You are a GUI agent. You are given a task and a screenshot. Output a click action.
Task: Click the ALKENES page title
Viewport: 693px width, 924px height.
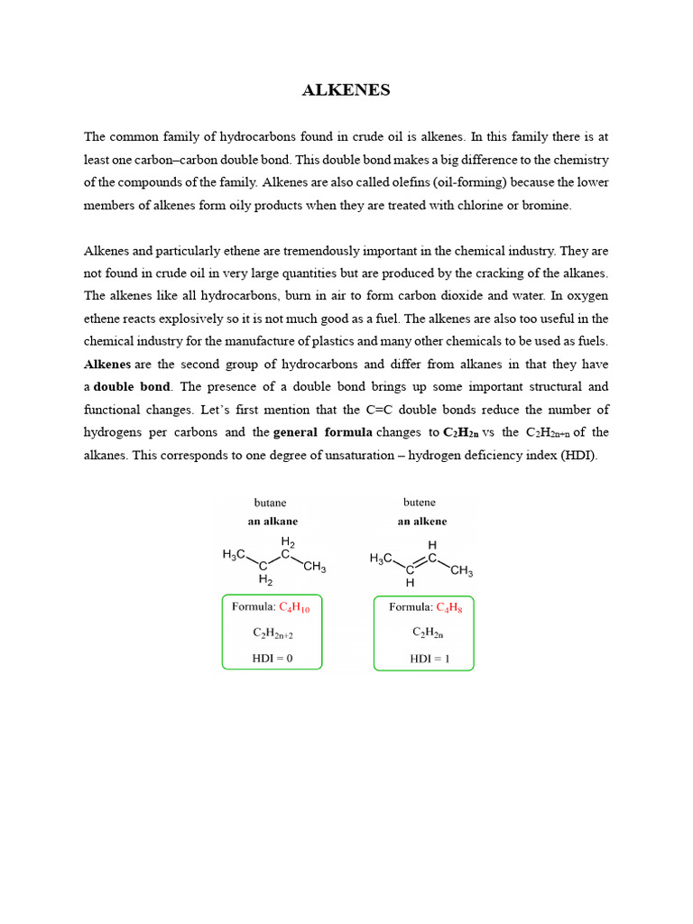point(346,90)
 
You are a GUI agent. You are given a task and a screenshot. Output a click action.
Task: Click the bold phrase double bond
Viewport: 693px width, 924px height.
point(131,387)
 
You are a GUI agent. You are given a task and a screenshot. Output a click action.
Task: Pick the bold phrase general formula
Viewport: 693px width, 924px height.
point(322,432)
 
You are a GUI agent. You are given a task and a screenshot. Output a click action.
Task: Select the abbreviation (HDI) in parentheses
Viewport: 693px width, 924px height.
point(577,455)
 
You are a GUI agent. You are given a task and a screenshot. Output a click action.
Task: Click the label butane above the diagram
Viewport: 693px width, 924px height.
point(272,503)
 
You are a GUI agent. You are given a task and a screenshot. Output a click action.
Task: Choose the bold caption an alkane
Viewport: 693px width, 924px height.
point(273,521)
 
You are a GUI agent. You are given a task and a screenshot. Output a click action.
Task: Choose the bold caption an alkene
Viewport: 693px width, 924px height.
point(422,521)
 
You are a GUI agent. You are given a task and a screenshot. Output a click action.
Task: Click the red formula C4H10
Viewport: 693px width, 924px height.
point(295,608)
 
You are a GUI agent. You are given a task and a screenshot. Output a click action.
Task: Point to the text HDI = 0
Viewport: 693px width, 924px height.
point(273,659)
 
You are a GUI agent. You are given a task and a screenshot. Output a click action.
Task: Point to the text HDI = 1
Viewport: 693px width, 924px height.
point(430,659)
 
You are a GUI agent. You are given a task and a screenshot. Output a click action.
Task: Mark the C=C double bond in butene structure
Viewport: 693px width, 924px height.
point(421,564)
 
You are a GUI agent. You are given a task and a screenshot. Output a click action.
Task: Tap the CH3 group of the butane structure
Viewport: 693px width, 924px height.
point(315,567)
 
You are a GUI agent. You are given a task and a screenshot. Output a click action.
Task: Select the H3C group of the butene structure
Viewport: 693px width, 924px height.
point(383,559)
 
